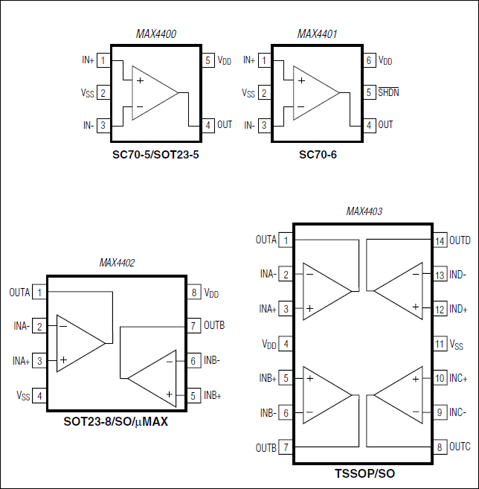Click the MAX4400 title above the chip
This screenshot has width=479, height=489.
point(155,34)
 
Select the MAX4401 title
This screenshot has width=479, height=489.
point(317,34)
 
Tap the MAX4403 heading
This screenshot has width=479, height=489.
point(364,211)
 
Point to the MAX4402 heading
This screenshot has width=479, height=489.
point(117,263)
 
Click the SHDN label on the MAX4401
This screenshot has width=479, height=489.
point(388,93)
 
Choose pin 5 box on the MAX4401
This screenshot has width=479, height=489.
point(368,93)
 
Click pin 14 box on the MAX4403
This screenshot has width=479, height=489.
point(440,240)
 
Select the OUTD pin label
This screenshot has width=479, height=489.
point(460,240)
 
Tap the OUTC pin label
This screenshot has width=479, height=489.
point(460,447)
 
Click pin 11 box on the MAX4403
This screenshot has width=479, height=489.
point(440,344)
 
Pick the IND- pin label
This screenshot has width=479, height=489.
point(459,275)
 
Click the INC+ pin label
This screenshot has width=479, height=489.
point(459,378)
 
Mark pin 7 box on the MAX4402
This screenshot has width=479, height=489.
point(193,326)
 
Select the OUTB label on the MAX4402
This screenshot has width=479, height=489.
point(215,326)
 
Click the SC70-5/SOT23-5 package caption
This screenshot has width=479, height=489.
point(155,156)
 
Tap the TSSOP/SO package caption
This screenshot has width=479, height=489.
point(364,473)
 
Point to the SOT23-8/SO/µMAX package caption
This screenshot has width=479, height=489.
point(116,422)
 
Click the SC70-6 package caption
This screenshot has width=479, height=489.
point(317,156)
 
